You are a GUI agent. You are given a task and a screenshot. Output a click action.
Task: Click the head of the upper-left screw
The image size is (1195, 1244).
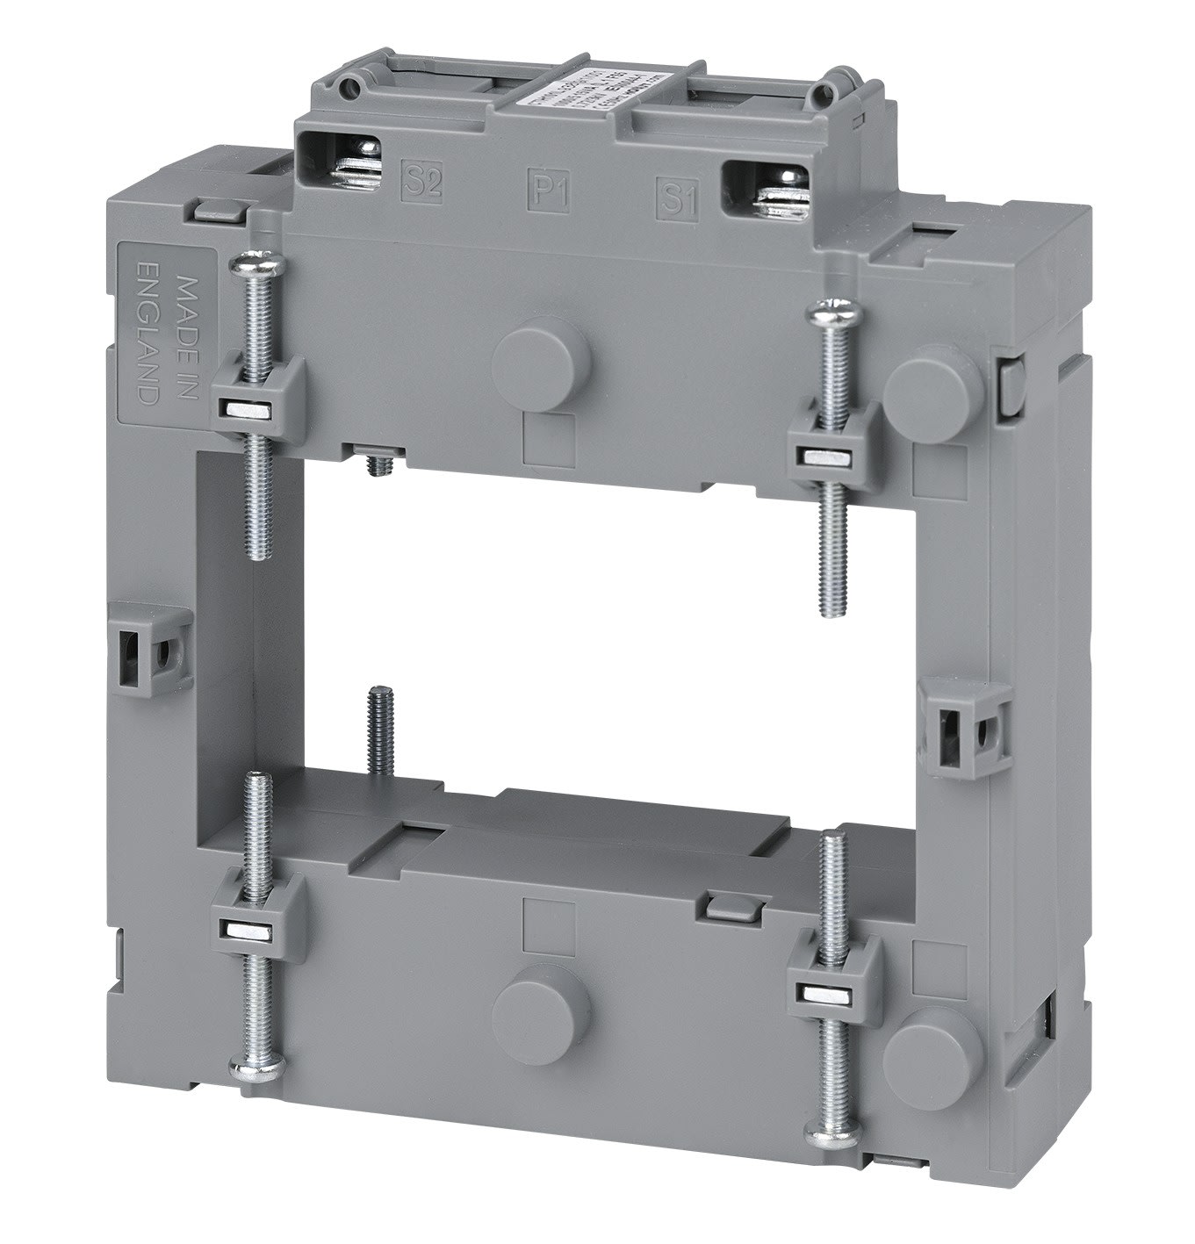[245, 265]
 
